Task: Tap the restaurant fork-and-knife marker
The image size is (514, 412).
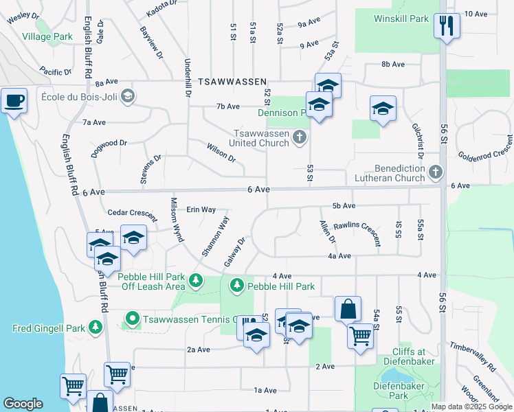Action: point(447,26)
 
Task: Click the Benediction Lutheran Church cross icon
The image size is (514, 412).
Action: point(435,172)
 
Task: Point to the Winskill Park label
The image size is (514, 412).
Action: point(401,19)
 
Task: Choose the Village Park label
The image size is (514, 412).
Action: point(47,36)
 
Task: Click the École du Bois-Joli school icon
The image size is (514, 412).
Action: point(127,96)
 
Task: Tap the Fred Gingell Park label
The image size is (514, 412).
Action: point(47,328)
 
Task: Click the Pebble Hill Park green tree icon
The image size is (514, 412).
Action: point(237,284)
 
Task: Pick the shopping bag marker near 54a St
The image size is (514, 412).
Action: point(348,309)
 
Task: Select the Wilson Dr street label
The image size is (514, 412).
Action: point(221,152)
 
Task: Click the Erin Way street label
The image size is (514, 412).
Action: point(201,209)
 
